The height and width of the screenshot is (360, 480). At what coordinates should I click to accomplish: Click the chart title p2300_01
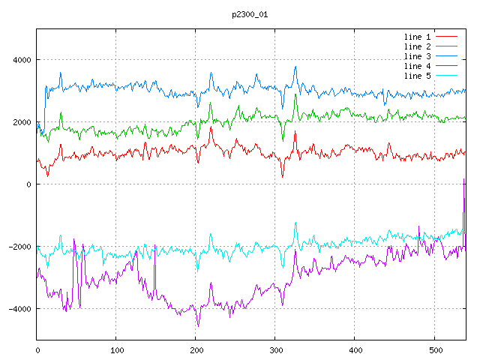point(250,14)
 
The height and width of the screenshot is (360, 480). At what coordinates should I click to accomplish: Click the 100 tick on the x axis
point(116,349)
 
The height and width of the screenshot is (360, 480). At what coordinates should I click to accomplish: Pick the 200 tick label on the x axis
point(196,349)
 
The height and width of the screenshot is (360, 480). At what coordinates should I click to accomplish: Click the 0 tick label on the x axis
point(37,349)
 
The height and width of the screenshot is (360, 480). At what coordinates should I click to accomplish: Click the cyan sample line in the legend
point(447,76)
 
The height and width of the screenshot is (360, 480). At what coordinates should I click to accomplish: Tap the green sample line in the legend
point(447,46)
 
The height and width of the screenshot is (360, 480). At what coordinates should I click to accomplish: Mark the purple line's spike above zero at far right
point(464,180)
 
